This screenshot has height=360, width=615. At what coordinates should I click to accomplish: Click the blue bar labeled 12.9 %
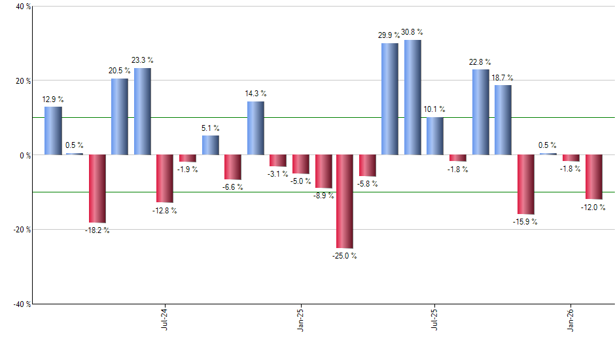click(53, 130)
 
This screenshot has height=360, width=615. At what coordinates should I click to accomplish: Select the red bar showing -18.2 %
click(97, 189)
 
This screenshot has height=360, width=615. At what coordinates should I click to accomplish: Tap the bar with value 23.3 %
click(143, 111)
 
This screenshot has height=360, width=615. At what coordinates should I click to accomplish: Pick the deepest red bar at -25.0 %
click(345, 201)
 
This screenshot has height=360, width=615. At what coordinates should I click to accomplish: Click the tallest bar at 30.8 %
click(413, 98)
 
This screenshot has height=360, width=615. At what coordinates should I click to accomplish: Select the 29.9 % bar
click(390, 99)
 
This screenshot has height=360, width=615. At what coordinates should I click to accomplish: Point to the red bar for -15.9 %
click(526, 184)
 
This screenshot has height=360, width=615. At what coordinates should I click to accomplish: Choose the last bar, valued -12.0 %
click(593, 177)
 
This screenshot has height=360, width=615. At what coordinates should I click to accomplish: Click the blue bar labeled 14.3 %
click(255, 128)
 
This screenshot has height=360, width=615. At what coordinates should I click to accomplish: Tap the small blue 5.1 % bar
click(210, 145)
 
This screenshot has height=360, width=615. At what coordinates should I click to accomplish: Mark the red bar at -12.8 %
click(165, 178)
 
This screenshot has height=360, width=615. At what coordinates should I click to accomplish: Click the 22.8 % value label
click(480, 62)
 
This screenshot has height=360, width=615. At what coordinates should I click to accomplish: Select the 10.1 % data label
click(434, 109)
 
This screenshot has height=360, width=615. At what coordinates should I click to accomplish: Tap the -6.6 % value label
click(232, 187)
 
